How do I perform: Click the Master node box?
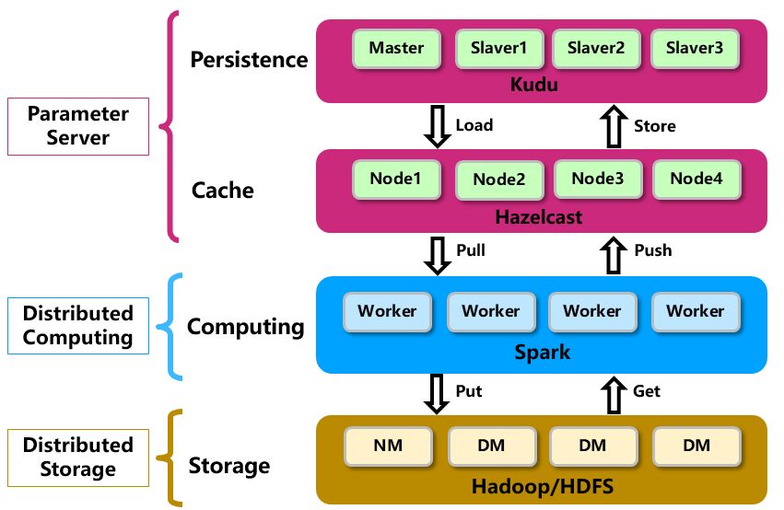(396, 48)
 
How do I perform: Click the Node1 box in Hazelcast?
(398, 179)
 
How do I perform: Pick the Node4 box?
(696, 179)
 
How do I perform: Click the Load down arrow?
(437, 126)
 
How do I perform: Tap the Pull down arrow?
(437, 252)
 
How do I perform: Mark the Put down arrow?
(437, 392)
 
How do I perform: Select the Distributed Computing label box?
(78, 325)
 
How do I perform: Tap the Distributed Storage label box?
(78, 458)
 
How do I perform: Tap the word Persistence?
(249, 61)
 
